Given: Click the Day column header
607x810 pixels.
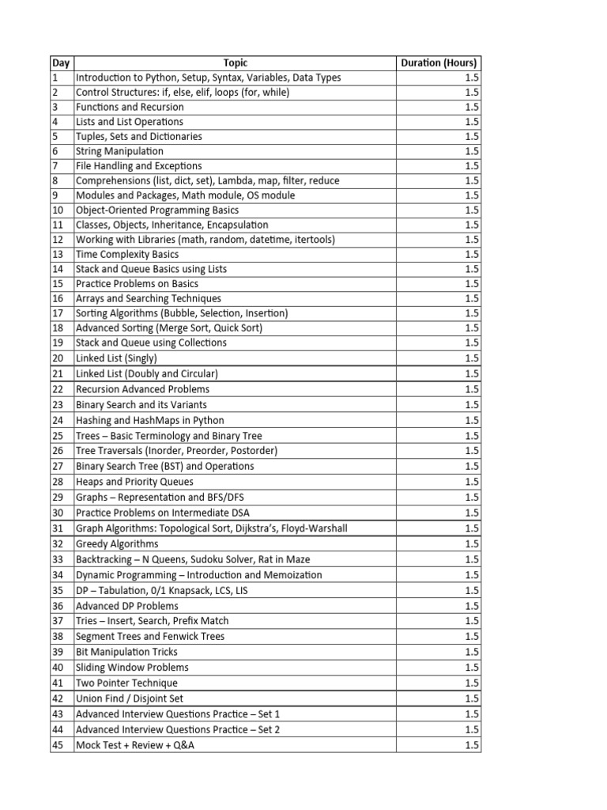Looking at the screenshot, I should point(61,63).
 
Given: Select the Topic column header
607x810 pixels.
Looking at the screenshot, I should point(235,63).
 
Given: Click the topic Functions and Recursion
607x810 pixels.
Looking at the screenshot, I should point(130,107).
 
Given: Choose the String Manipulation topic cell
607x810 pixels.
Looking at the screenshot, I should point(119,151).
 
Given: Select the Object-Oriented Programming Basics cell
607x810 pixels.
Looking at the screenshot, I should point(156,210).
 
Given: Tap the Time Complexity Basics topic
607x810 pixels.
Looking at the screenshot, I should point(126,255).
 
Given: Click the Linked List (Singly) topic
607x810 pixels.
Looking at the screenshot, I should point(116,358).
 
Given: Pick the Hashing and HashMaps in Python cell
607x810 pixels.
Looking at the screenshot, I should point(149,421).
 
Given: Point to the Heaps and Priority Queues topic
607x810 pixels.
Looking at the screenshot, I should point(134,482).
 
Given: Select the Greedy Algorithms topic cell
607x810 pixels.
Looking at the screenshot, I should point(117,544).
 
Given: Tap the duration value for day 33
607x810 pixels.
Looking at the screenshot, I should point(472,559).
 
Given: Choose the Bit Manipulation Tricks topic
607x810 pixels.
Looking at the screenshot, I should point(126,652).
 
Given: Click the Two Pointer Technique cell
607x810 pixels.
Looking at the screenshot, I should point(126,683).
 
